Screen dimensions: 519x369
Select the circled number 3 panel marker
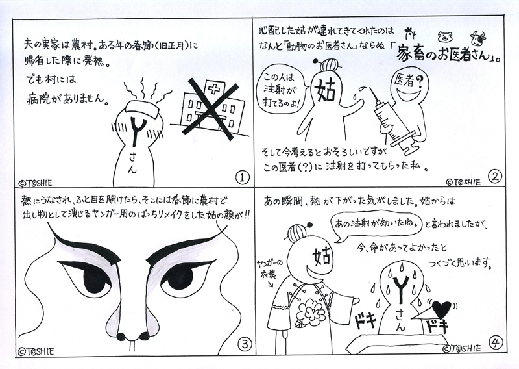[245, 345]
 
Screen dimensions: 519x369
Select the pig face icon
[444, 37]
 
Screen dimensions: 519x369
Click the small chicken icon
[411, 33]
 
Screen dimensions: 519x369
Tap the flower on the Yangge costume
[308, 309]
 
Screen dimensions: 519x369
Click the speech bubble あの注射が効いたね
[376, 226]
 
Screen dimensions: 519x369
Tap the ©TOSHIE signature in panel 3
[36, 351]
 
